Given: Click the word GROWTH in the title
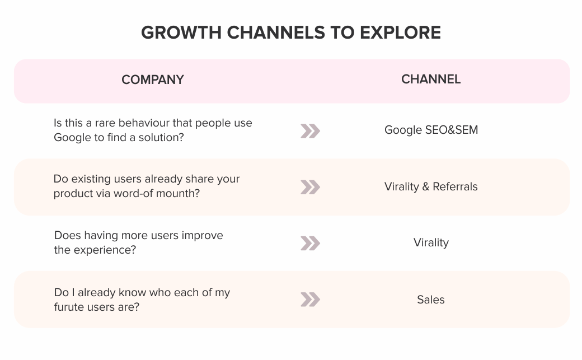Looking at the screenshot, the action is [181, 32].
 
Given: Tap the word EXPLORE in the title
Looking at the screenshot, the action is [400, 32].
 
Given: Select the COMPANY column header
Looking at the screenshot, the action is [153, 80].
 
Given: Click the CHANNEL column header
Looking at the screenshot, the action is [431, 79].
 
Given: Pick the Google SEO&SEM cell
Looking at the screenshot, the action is [431, 130].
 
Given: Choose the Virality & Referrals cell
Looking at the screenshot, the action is [431, 186].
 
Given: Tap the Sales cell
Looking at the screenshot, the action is [430, 300].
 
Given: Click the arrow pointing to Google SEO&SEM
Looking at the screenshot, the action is [310, 131].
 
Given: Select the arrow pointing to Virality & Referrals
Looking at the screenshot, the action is [310, 187].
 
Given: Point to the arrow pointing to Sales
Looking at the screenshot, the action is [310, 300].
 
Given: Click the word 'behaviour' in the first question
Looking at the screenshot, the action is [144, 123].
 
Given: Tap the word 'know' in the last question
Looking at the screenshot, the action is [132, 292].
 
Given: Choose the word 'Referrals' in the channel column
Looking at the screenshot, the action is [455, 186].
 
